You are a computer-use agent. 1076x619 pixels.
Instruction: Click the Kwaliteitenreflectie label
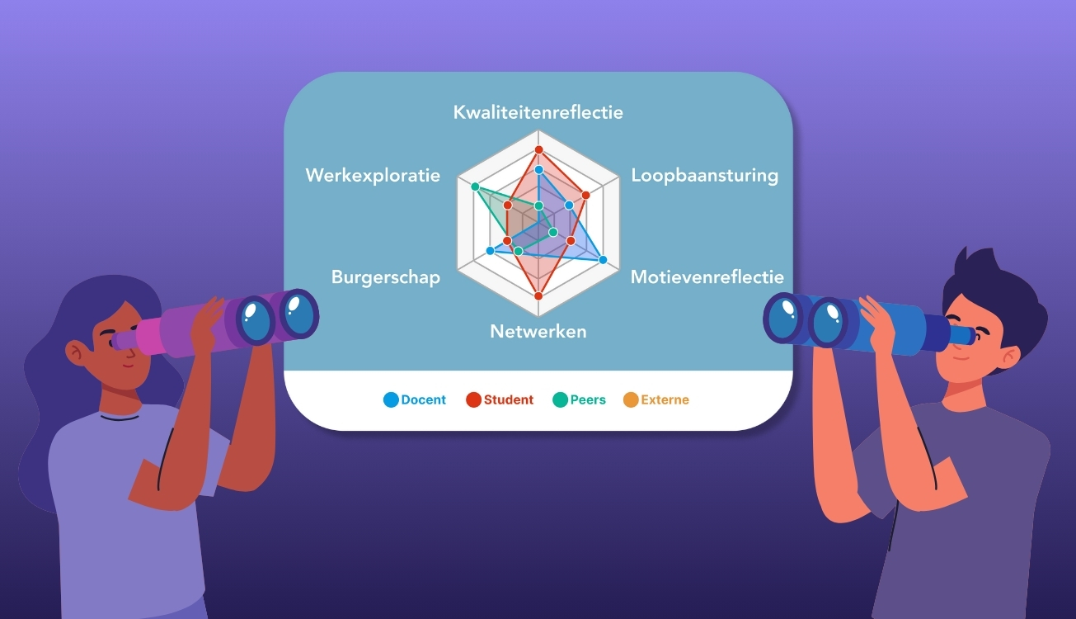pos(538,112)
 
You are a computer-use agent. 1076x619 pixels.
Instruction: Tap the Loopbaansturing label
pos(704,175)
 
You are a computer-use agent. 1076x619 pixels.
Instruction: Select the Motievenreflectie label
pos(707,276)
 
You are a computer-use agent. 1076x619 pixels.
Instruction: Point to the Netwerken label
pos(538,331)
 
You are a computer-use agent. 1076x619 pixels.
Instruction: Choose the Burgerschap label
pos(385,276)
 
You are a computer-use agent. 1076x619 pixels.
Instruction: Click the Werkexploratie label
pos(373,175)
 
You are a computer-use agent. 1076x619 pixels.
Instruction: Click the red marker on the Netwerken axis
pos(538,295)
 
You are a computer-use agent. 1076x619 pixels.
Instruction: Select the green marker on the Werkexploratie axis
pos(475,187)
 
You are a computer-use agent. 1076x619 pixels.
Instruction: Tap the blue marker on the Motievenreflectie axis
pos(603,260)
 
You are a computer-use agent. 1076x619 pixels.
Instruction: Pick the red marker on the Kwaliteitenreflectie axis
pos(538,149)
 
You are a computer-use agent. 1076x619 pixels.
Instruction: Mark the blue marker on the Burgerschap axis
pos(491,250)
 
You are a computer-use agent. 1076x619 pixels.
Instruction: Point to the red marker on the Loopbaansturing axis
pos(585,196)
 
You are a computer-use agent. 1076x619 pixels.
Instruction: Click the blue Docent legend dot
pos(391,400)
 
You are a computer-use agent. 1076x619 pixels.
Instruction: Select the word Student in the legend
pos(508,400)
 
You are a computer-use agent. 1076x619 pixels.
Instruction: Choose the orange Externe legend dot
pos(631,400)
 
